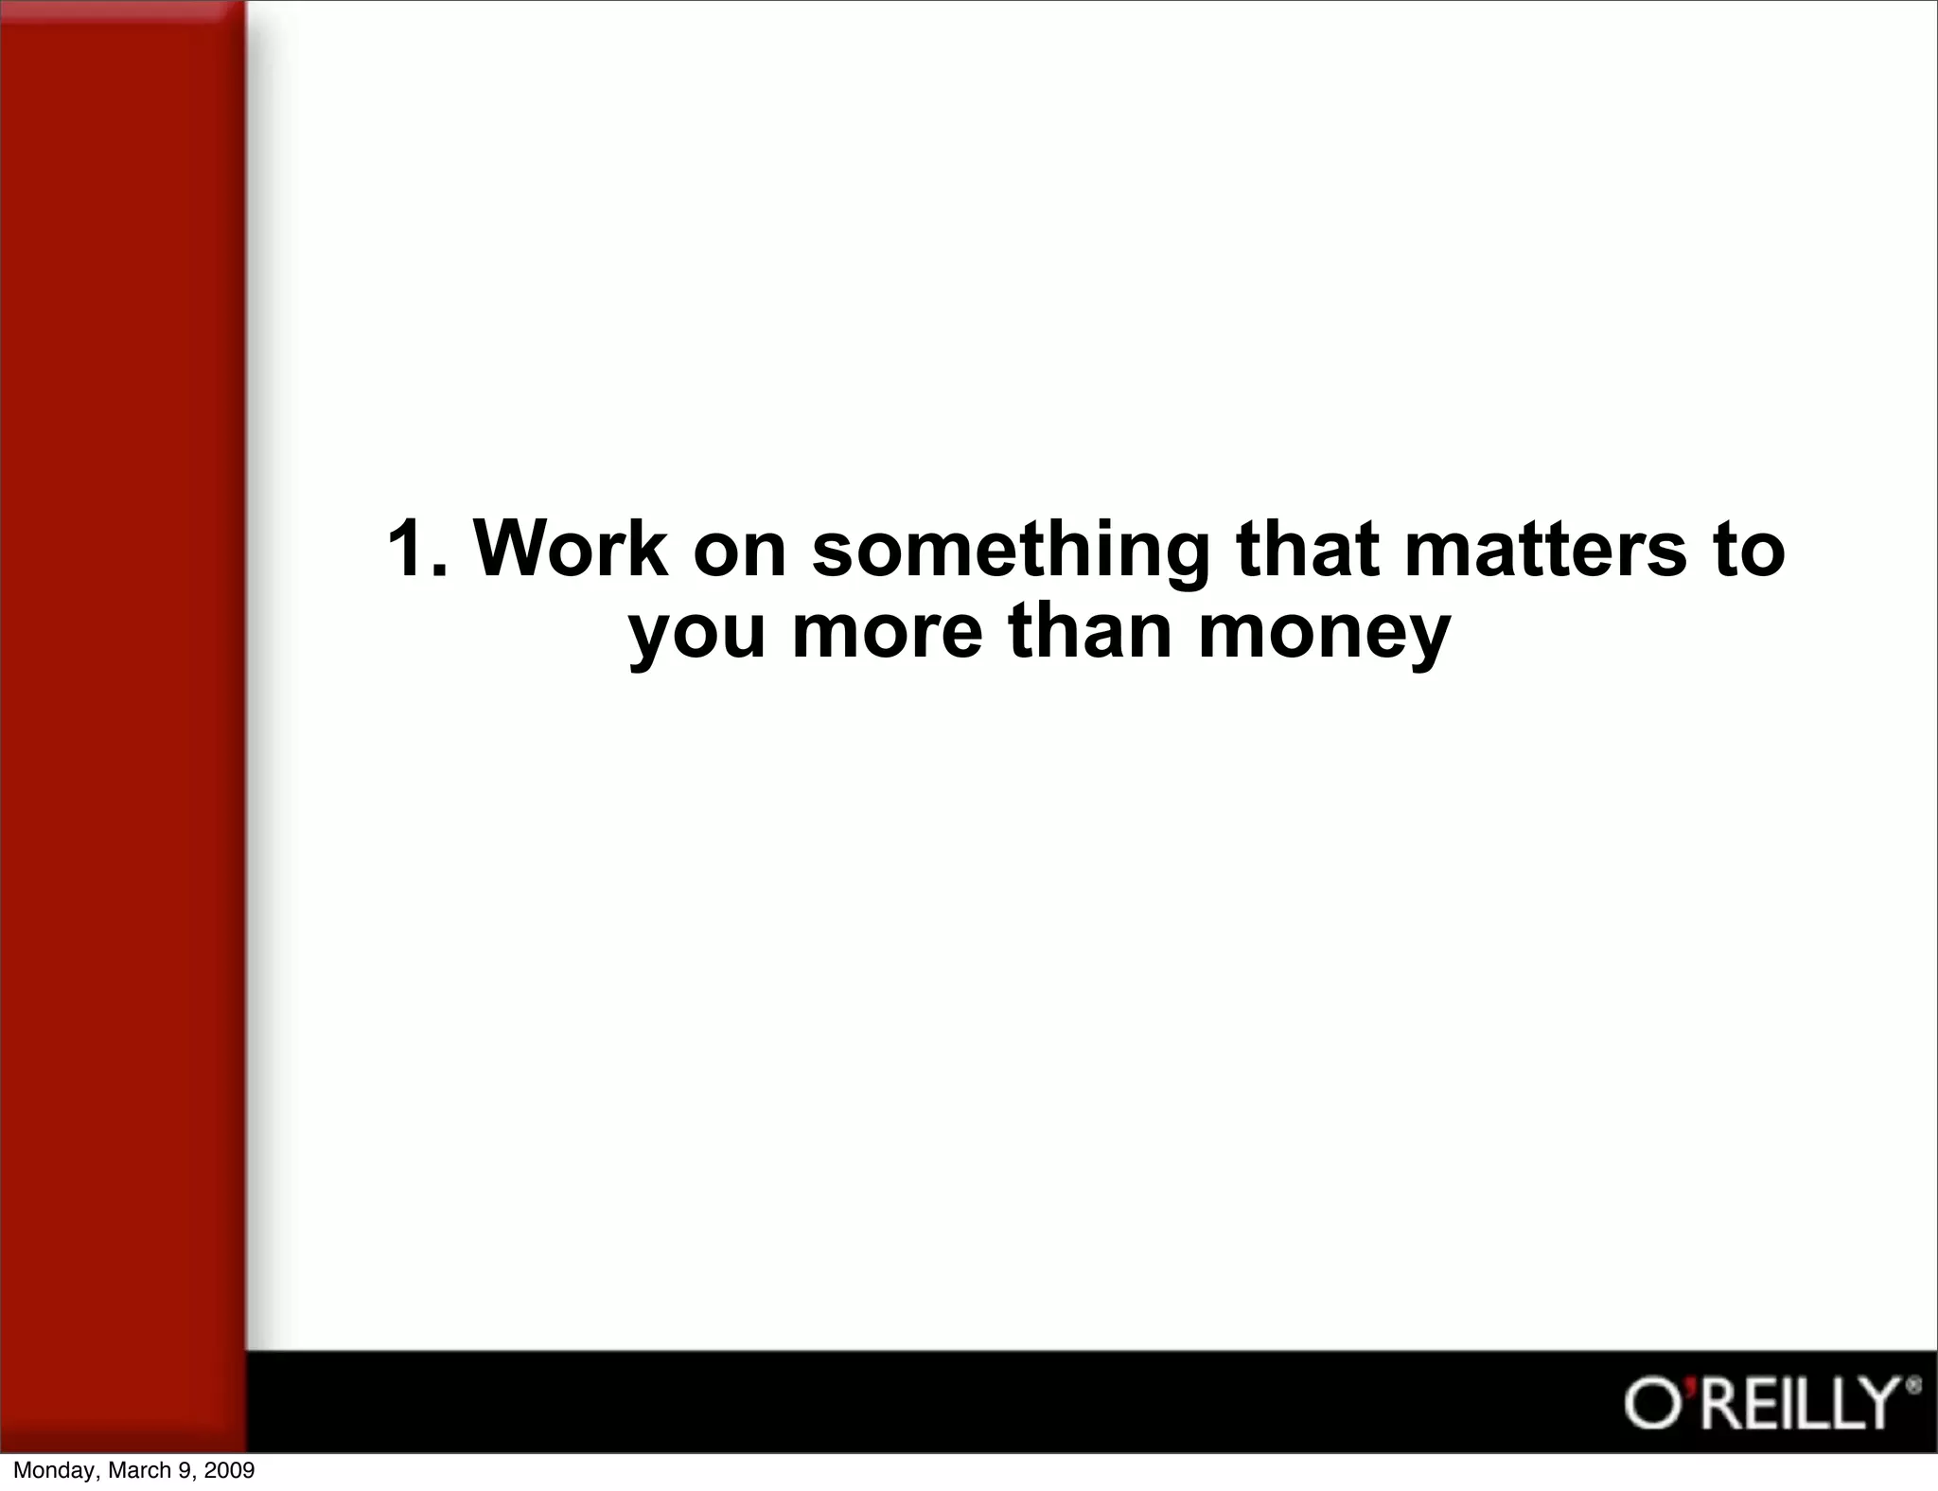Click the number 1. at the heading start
[x=417, y=549]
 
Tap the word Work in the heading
[x=571, y=549]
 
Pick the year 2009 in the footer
[x=230, y=1470]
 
